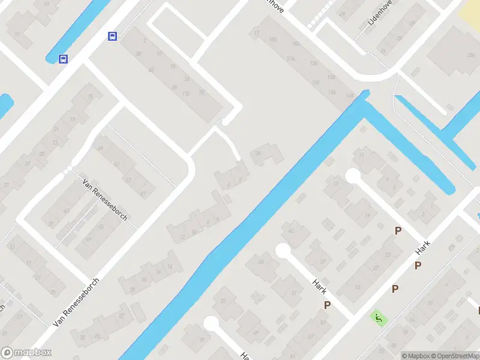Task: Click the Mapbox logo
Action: pos(26,353)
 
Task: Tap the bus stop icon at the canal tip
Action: pos(63,59)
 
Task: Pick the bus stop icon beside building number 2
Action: pos(112,37)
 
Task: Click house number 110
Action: pos(185,94)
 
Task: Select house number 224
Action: pos(292,58)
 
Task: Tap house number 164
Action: pos(274,40)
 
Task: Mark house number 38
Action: pos(140,55)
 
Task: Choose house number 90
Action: pos(174,88)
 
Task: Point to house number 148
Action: pos(350,95)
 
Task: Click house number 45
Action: pos(260,262)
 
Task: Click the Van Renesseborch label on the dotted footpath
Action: pos(105,200)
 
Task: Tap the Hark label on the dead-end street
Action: pos(319,287)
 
